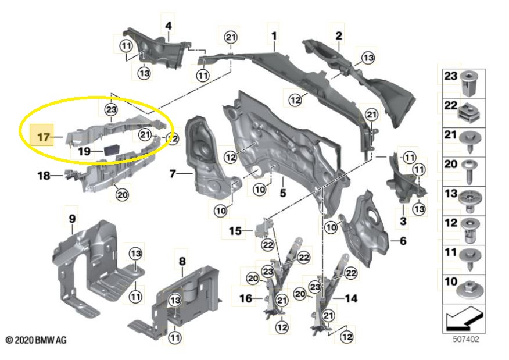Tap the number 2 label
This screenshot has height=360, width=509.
339,36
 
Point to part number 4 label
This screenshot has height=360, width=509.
169,26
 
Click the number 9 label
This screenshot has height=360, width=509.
73,219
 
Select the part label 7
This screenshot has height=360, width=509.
173,173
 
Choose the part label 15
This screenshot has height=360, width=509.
234,231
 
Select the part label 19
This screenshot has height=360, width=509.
85,151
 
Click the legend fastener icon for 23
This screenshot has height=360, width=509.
468,83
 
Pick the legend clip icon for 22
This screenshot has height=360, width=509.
468,110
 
